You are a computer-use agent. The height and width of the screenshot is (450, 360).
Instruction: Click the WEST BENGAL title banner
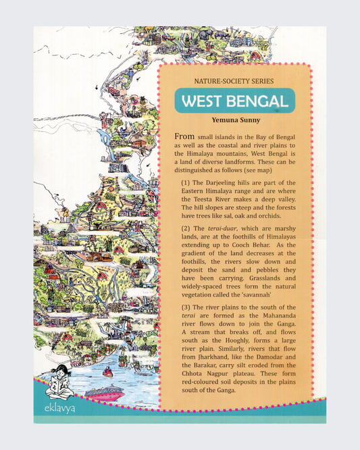[235, 103]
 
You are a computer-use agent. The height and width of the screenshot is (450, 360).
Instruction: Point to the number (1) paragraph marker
[187, 182]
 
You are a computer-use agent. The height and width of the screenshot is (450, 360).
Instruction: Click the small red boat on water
[106, 370]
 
